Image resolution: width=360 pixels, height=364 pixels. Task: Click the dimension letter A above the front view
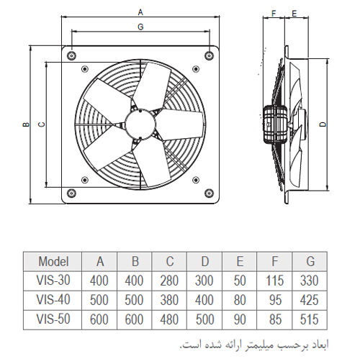140,12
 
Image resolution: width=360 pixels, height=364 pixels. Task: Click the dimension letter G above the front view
140,27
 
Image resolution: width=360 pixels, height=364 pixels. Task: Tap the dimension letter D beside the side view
324,124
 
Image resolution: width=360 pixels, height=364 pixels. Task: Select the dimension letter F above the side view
274,14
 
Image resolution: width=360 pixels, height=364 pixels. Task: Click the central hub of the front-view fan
140,124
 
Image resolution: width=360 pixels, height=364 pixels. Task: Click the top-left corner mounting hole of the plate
71,55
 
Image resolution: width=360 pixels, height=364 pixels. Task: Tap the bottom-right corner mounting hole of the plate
209,193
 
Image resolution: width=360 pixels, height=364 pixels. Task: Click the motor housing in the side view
275,124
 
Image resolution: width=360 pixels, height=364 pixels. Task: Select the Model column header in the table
53,261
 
